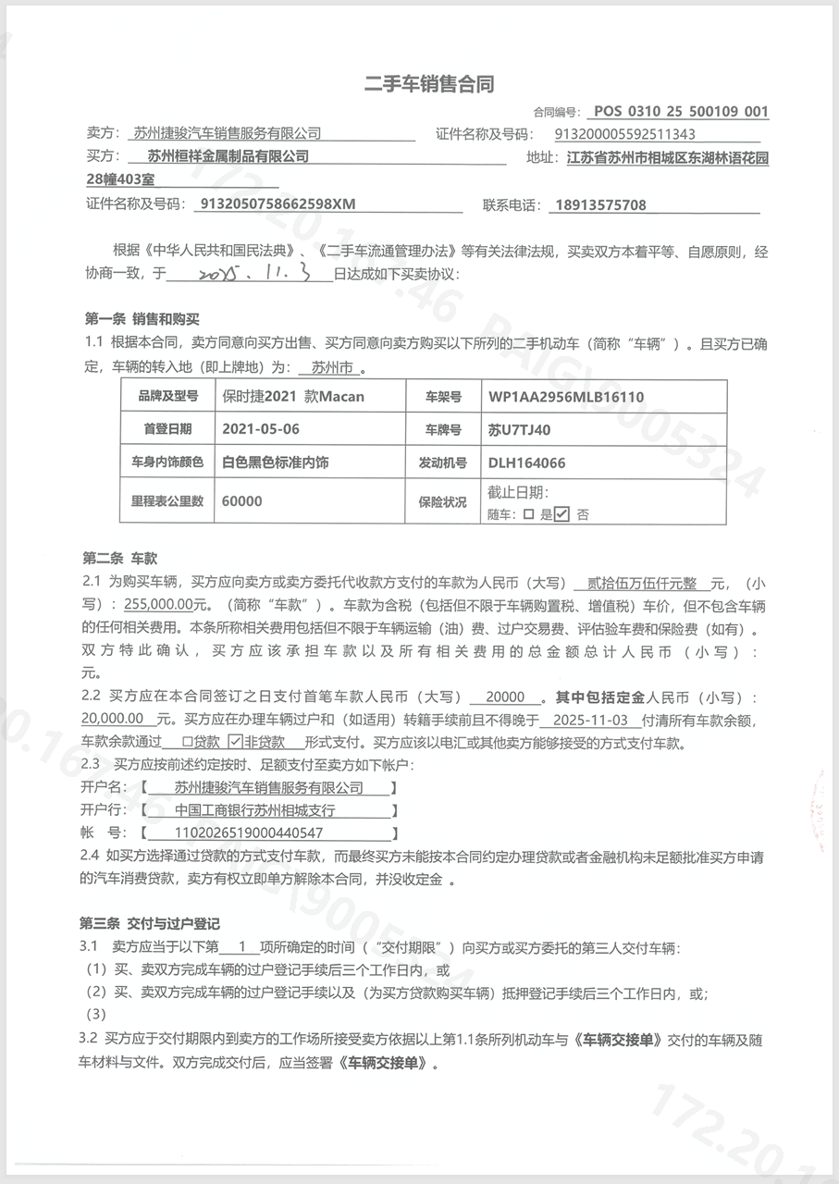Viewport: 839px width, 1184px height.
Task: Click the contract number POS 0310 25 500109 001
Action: tap(681, 112)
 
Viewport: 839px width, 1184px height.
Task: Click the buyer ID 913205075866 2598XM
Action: tap(277, 204)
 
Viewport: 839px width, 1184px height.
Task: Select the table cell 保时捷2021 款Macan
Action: tap(294, 397)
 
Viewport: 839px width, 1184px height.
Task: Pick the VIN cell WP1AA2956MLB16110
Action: tap(566, 397)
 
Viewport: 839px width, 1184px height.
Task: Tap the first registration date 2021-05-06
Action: tap(261, 429)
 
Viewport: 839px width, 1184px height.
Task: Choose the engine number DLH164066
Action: tap(526, 462)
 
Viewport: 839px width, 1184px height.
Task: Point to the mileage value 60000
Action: tap(242, 500)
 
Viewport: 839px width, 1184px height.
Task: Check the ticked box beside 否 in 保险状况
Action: tap(562, 514)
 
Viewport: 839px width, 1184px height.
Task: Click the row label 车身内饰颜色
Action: tap(167, 462)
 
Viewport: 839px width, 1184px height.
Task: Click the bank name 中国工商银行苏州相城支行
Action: tap(254, 810)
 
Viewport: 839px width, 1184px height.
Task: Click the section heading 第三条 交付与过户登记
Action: tap(152, 924)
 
